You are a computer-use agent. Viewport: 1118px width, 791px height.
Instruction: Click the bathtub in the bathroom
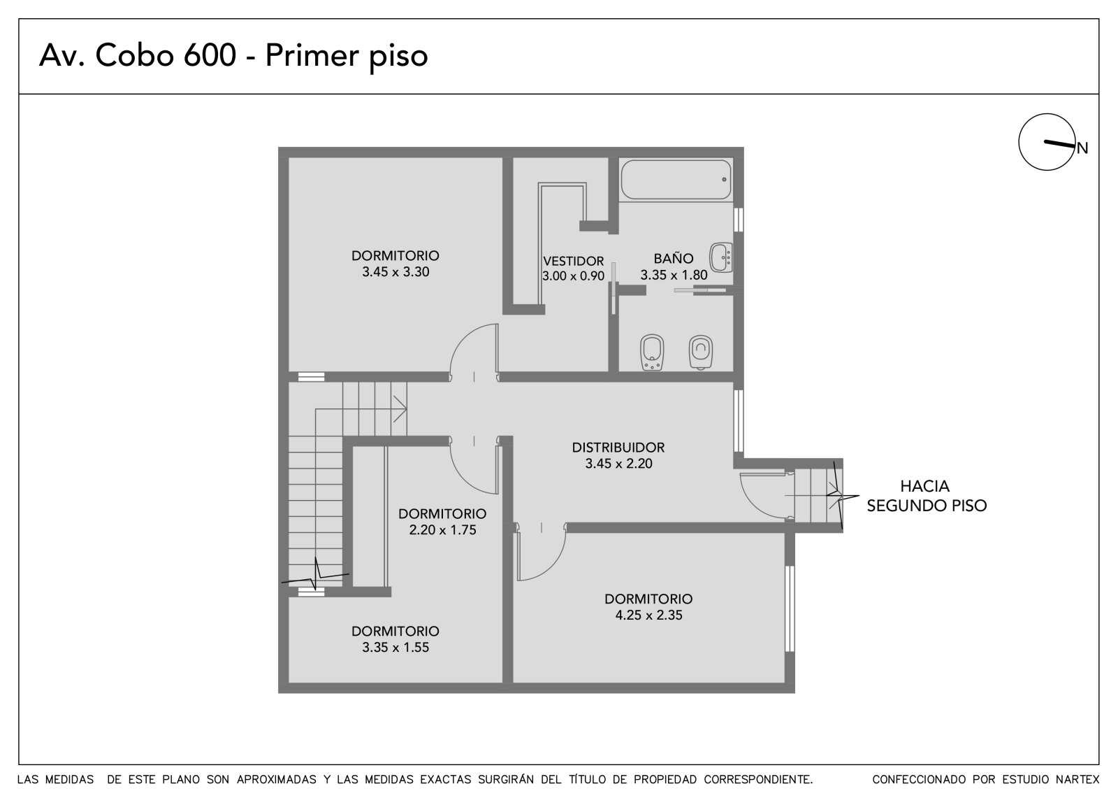point(676,180)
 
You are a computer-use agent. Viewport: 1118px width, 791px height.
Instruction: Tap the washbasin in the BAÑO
point(721,257)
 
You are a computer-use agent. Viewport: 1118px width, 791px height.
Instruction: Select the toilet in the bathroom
point(700,352)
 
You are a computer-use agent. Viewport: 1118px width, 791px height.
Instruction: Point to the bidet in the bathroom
point(652,352)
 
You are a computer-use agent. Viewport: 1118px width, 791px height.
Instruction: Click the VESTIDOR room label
point(574,261)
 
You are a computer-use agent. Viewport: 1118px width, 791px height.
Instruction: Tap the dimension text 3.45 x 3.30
point(395,272)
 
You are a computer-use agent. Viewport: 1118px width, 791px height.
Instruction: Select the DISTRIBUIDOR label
point(618,447)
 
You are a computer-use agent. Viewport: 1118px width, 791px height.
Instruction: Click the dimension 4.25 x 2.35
point(649,615)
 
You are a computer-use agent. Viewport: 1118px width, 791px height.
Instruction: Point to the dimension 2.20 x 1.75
point(443,529)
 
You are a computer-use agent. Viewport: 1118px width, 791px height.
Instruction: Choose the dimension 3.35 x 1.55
point(395,647)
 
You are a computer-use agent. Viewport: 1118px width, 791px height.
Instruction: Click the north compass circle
point(1047,142)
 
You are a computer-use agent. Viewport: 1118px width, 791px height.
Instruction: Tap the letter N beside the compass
point(1082,148)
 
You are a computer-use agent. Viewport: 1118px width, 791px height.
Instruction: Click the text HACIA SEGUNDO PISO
point(927,496)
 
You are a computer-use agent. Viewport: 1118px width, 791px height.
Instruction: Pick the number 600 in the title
point(210,55)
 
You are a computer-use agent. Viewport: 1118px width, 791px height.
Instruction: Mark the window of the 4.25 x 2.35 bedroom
point(790,608)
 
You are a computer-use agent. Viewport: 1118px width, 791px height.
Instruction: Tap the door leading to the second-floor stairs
point(764,497)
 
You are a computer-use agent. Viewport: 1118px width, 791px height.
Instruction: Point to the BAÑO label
point(674,258)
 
